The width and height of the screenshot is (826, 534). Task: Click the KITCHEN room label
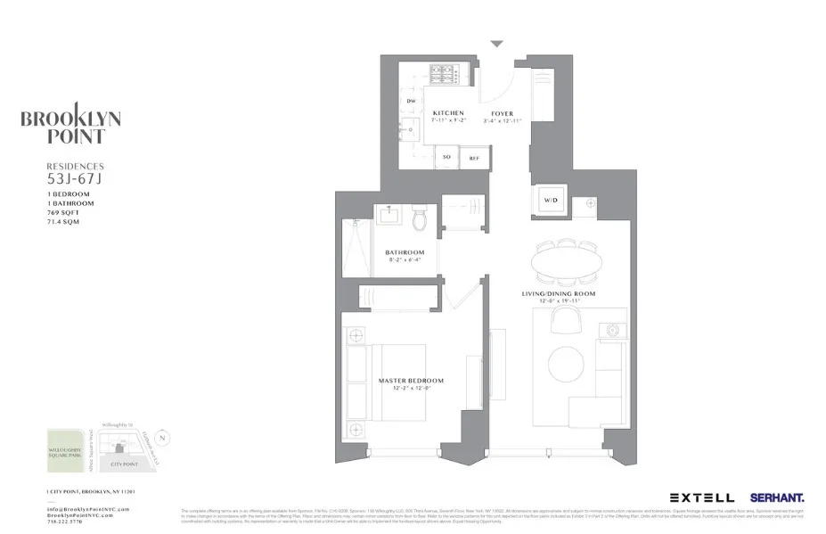pyautogui.click(x=447, y=113)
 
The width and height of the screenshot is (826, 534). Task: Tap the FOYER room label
pyautogui.click(x=501, y=113)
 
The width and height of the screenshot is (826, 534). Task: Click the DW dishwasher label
pyautogui.click(x=411, y=102)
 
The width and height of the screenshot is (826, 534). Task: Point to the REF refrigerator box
pyautogui.click(x=474, y=158)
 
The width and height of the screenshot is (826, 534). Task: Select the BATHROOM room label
pyautogui.click(x=405, y=252)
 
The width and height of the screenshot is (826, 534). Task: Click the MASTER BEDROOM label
pyautogui.click(x=411, y=381)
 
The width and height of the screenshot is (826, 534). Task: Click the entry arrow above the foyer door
pyautogui.click(x=497, y=43)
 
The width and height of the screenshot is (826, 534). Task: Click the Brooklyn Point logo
pyautogui.click(x=70, y=127)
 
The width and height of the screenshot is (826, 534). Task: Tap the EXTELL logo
pyautogui.click(x=702, y=497)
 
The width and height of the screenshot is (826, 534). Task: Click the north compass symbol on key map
pyautogui.click(x=160, y=438)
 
